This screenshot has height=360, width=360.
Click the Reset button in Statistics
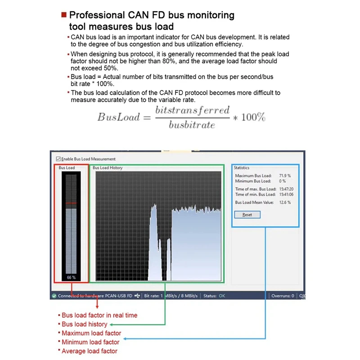[x=247, y=215]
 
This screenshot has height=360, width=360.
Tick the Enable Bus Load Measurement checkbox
[x=58, y=159]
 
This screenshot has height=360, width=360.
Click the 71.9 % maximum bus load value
[x=285, y=175]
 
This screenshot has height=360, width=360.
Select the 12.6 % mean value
[x=285, y=202]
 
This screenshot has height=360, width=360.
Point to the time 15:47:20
[x=286, y=189]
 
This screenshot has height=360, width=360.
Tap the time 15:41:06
[x=286, y=194]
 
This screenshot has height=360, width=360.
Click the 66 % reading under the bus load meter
[x=71, y=277]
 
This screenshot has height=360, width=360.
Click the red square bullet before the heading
[x=64, y=15]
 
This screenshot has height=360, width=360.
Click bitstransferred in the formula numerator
[x=192, y=110]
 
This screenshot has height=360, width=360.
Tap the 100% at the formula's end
[x=253, y=117]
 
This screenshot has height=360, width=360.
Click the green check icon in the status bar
[x=54, y=296]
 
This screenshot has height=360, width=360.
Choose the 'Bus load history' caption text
[x=85, y=324]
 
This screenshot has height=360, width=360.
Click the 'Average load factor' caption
[x=89, y=351]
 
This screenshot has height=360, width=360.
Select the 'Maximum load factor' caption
[x=91, y=333]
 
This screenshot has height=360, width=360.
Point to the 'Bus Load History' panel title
[x=108, y=168]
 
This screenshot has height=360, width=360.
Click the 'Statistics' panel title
[x=241, y=168]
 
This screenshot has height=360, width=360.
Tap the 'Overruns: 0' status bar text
[x=283, y=296]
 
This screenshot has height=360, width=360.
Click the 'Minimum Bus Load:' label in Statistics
[x=253, y=181]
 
